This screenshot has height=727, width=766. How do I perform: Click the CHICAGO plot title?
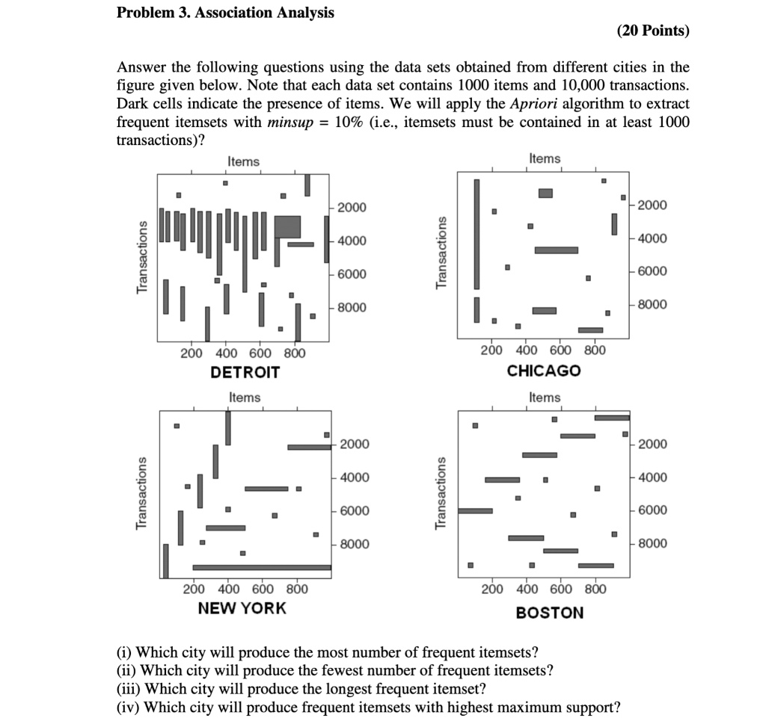tap(543, 371)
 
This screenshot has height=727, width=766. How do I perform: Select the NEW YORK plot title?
tap(242, 607)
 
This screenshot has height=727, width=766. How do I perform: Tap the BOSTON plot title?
tap(550, 613)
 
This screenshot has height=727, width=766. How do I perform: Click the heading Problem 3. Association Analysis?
tap(225, 13)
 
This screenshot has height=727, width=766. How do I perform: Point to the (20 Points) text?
tap(653, 31)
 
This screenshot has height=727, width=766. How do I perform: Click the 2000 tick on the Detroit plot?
tap(352, 207)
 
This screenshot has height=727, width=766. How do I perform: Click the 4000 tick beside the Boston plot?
tap(652, 477)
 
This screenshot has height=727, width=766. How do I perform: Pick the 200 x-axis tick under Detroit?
tap(191, 353)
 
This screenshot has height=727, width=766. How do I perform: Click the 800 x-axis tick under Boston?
tap(595, 589)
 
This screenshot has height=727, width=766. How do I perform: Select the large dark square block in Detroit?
tap(287, 226)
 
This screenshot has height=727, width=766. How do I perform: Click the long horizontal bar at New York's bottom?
tap(262, 567)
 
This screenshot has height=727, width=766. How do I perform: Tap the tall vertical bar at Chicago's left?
tap(477, 234)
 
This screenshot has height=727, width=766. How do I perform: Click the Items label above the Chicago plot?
tap(544, 158)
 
